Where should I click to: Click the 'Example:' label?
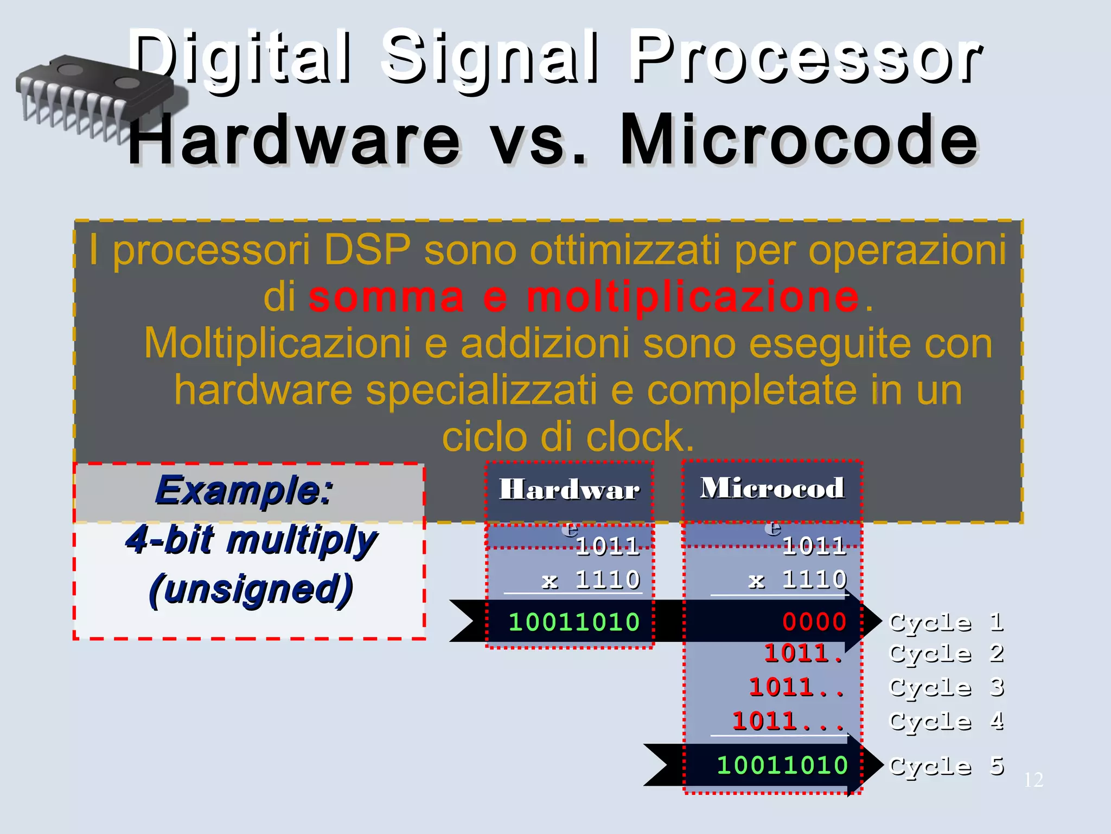pos(244,490)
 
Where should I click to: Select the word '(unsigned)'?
pos(251,590)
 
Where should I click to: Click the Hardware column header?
pos(569,489)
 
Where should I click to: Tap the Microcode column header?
pos(772,488)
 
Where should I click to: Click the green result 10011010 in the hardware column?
pos(574,622)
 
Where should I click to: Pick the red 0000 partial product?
pos(814,622)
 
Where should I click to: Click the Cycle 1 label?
pos(947,622)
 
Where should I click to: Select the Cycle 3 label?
pos(947,687)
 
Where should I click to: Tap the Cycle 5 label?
pos(947,766)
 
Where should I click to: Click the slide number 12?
pos(1033,780)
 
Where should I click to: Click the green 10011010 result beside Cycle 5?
pos(782,765)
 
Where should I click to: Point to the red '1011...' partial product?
pos(788,722)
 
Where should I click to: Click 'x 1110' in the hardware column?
pos(591,580)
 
